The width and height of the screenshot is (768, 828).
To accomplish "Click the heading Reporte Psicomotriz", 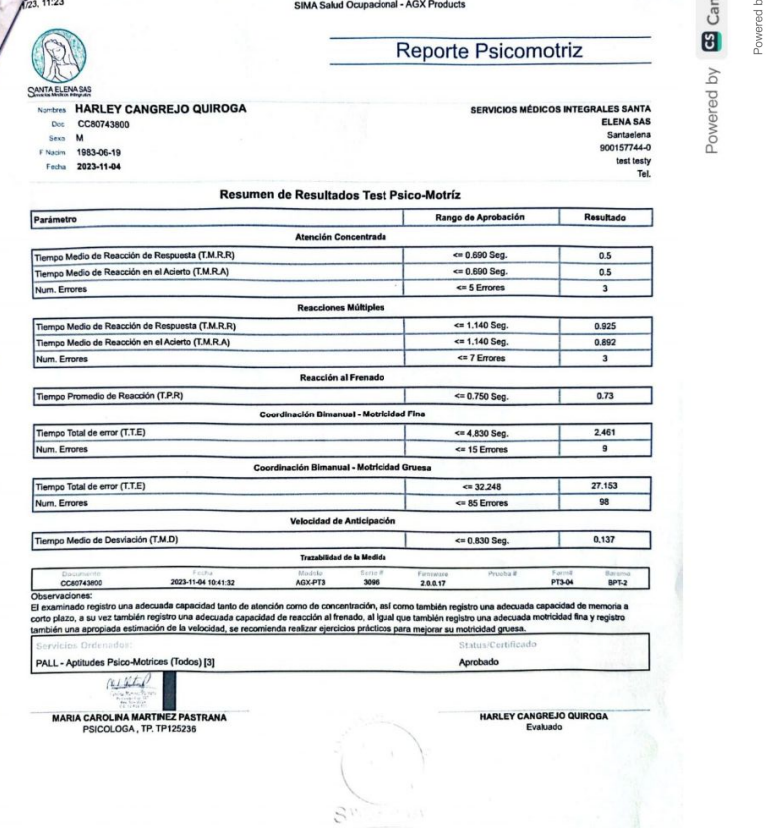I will tap(488, 51).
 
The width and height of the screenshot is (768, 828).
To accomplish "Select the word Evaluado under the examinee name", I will tap(544, 726).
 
